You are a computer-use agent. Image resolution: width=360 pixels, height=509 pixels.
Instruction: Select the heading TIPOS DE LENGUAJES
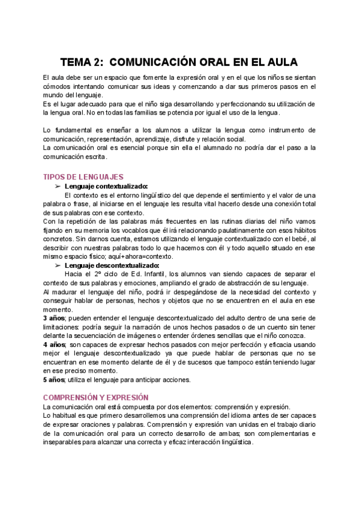coord(83,177)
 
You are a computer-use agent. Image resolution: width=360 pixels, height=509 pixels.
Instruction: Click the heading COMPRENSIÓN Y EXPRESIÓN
coord(97,397)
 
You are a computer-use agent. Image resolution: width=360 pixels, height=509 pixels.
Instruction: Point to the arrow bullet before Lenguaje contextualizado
coord(58,187)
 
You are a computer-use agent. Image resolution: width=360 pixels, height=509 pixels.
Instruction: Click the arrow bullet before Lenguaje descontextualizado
coord(58,265)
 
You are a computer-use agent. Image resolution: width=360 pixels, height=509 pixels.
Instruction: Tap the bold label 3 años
coord(54,318)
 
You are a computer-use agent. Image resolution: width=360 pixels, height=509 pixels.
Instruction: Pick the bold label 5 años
coord(54,379)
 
